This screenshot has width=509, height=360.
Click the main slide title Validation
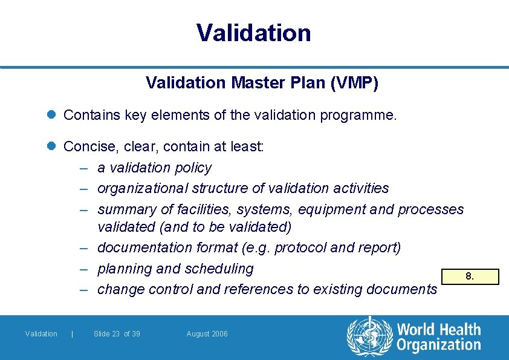click(254, 33)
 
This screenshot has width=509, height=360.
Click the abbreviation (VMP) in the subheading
click(356, 83)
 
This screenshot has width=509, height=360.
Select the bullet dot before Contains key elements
click(53, 115)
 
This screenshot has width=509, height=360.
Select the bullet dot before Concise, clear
click(53, 147)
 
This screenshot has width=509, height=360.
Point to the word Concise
click(88, 147)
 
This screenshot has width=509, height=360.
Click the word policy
click(193, 168)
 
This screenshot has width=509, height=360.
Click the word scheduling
click(221, 268)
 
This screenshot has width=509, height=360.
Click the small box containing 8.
click(469, 277)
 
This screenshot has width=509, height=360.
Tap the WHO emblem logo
click(369, 336)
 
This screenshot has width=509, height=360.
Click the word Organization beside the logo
click(439, 345)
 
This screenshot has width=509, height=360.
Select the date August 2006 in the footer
click(207, 334)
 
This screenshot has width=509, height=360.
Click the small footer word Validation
click(41, 334)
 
